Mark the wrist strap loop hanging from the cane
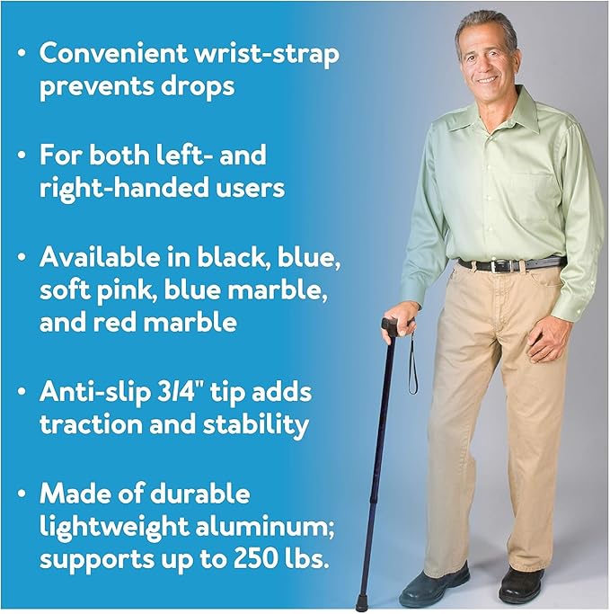pos(411,369)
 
